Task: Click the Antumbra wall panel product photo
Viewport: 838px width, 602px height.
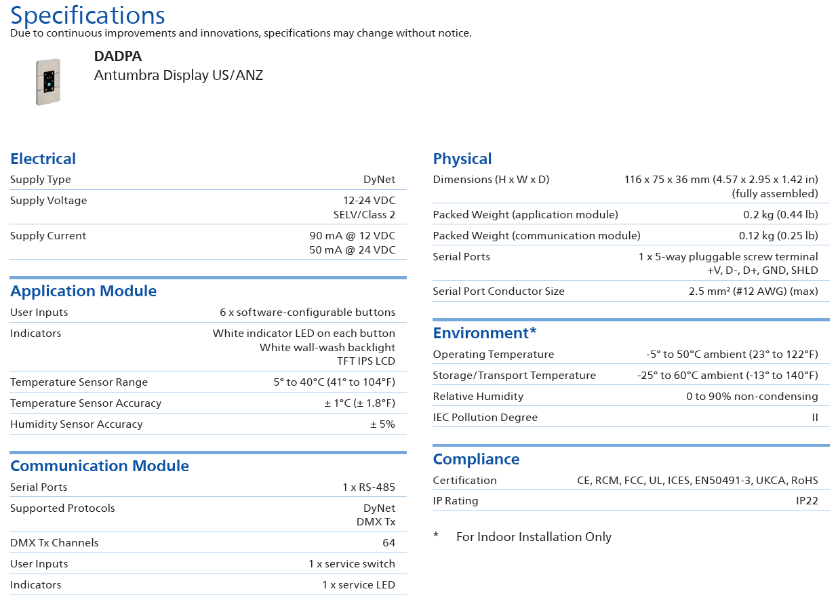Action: pos(47,81)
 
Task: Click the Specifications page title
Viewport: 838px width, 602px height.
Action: pos(87,15)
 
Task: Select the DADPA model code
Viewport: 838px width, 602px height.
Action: pos(118,57)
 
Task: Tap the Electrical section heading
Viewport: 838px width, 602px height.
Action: pos(43,159)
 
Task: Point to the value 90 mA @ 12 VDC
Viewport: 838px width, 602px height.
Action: pos(352,236)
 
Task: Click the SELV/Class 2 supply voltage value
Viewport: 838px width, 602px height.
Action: pos(364,215)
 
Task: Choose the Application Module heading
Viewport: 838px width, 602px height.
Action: pos(83,291)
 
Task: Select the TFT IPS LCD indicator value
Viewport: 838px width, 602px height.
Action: pos(366,361)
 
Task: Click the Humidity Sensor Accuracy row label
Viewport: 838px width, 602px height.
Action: pos(77,424)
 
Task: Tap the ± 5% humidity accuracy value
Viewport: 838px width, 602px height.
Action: pos(382,424)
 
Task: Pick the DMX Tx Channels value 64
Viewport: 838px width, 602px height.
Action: pos(388,543)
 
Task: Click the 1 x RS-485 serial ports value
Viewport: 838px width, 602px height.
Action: pos(369,487)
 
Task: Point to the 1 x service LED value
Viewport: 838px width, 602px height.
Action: pos(359,585)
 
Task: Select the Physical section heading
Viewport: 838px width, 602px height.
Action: pos(462,159)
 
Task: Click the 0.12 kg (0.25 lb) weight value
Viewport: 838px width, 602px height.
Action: pos(778,236)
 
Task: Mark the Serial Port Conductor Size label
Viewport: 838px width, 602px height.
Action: pos(498,292)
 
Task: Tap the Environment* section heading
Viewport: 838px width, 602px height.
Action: pos(485,333)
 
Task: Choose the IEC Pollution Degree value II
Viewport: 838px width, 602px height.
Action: pos(815,418)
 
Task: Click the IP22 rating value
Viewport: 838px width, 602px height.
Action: pos(807,501)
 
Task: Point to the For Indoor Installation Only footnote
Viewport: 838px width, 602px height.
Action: pos(534,537)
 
